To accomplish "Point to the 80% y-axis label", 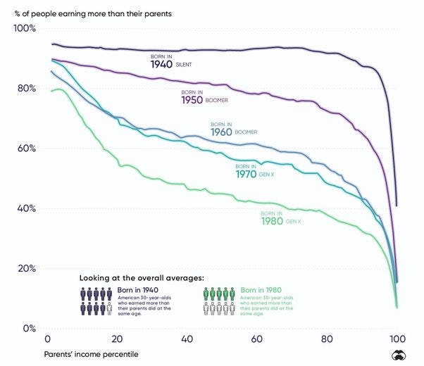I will tap(25, 89).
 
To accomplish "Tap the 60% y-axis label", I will tap(25, 149).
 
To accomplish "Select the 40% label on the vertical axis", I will tap(25, 208).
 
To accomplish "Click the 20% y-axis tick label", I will tap(25, 268).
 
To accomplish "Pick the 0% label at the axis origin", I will tap(27, 328).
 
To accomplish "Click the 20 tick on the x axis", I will tap(118, 338).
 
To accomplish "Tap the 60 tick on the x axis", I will tap(257, 338).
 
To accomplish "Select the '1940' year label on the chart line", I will tap(162, 65).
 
